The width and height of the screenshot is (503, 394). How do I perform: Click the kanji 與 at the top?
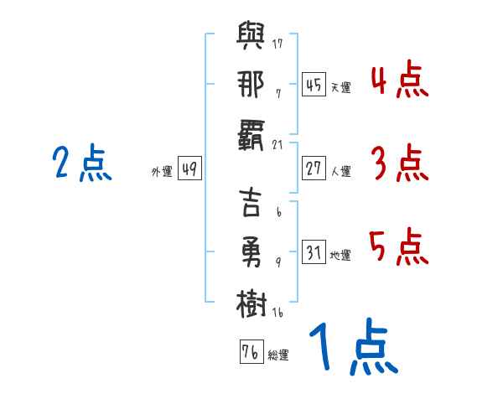pos(252,39)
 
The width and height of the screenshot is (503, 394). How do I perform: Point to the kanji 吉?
pos(252,205)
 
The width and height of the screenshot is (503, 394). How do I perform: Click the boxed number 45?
pos(314,85)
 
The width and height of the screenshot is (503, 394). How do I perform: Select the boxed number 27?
pos(314,168)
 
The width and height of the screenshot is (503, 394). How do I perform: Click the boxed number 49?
pos(189,168)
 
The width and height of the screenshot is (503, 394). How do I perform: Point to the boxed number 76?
pos(251,352)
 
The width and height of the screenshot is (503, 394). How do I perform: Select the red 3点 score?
pos(399,164)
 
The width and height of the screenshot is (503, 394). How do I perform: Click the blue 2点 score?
pos(81,164)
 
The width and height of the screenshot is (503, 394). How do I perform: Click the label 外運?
pos(161,171)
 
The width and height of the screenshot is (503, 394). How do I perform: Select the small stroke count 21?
pos(277,144)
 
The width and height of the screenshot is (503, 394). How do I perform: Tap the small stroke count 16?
pos(277,312)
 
